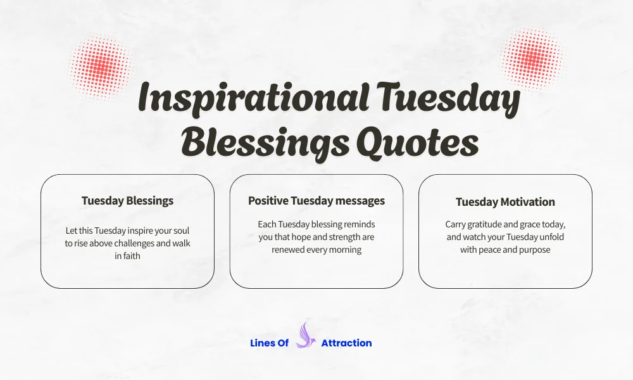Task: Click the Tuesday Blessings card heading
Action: pyautogui.click(x=127, y=201)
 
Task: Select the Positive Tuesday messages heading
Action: pyautogui.click(x=316, y=201)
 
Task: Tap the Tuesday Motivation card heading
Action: pyautogui.click(x=505, y=202)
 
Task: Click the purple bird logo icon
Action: pyautogui.click(x=305, y=336)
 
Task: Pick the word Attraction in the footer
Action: pyautogui.click(x=346, y=343)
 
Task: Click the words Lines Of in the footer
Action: pyautogui.click(x=270, y=343)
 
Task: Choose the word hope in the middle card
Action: pyautogui.click(x=301, y=237)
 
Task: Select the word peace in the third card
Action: pyautogui.click(x=490, y=250)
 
